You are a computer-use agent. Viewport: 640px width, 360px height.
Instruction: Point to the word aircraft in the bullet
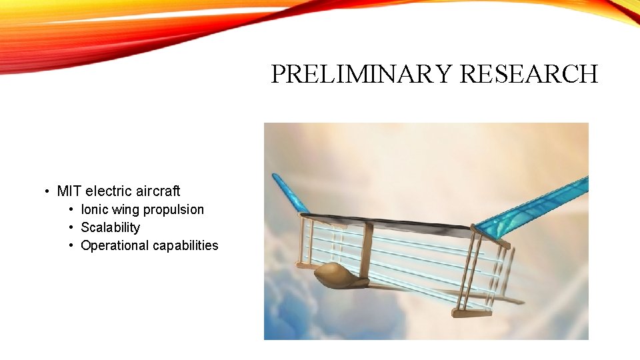[x=158, y=191]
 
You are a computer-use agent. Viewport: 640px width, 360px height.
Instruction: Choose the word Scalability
[x=110, y=227]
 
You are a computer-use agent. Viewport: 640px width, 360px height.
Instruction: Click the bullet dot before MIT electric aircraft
[x=47, y=192]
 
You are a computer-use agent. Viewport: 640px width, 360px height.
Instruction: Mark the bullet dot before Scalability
[x=71, y=228]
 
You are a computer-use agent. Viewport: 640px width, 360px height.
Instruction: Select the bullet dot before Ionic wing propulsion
[x=71, y=210]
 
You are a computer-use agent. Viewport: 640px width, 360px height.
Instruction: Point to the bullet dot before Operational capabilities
[x=71, y=246]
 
